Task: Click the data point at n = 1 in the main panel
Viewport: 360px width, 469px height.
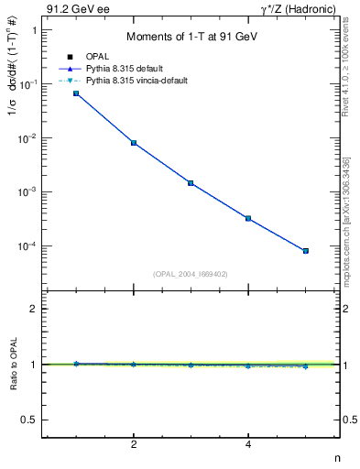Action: pos(76,93)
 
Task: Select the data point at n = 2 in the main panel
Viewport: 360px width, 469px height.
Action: pos(134,143)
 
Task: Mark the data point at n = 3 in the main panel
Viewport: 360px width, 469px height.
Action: pos(191,183)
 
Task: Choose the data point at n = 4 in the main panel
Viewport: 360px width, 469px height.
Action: pos(248,218)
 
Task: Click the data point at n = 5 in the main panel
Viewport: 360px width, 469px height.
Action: pos(306,251)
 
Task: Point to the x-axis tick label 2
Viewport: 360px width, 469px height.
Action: pos(134,445)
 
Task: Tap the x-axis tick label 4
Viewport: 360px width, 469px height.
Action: pos(248,445)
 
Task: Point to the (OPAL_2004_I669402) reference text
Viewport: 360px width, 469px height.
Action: pos(190,273)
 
